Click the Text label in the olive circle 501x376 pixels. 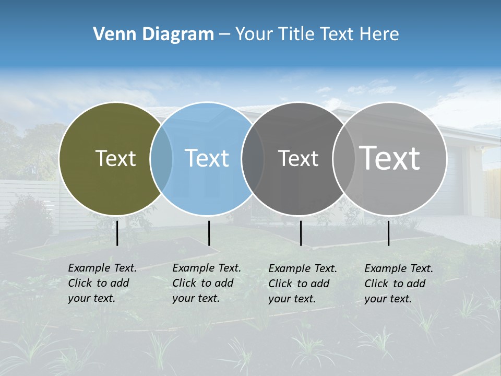(115, 158)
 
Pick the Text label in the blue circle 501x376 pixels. (207, 158)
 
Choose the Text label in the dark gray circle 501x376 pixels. (298, 158)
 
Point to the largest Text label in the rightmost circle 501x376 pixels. (390, 158)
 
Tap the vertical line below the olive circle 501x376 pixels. (117, 233)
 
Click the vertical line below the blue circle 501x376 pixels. (209, 233)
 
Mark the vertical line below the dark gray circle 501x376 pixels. (301, 233)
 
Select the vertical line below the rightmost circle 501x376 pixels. (388, 233)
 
